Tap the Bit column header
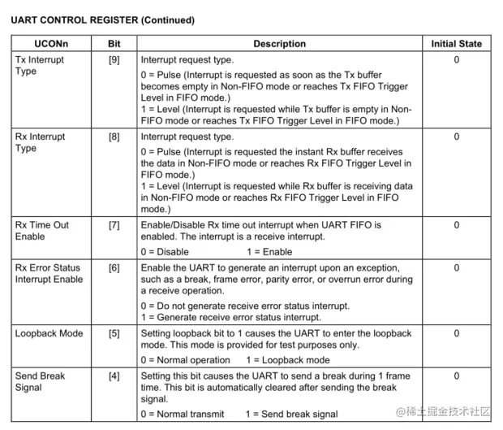tap(114, 43)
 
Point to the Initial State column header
tap(456, 43)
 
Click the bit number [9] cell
tap(114, 60)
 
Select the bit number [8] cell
tap(114, 137)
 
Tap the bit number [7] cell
tap(114, 225)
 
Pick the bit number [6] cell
tap(114, 268)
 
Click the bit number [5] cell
tap(114, 333)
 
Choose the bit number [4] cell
tap(114, 376)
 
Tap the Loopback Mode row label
tap(49, 333)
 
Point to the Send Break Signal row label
tap(40, 382)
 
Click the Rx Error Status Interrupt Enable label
tap(49, 274)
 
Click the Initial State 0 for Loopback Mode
tap(456, 333)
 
